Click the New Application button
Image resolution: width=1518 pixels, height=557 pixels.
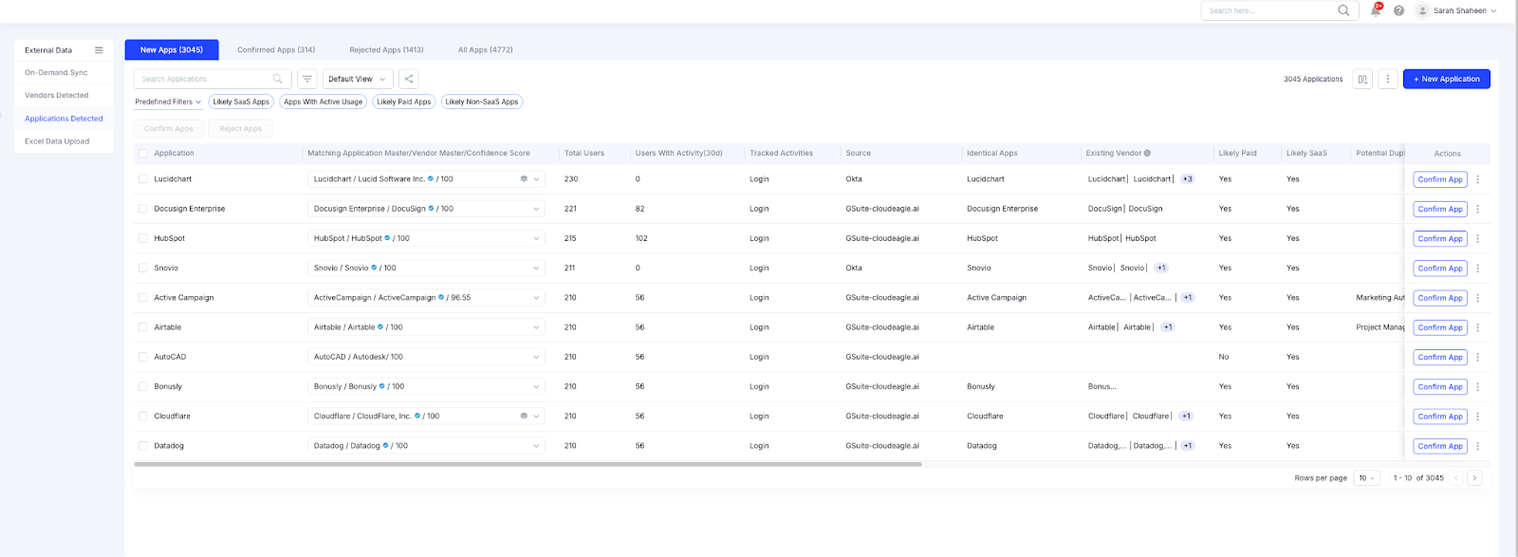(x=1446, y=79)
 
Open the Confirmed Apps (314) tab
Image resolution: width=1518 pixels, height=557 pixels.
(x=276, y=49)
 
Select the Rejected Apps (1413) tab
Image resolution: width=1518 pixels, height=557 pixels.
(x=386, y=49)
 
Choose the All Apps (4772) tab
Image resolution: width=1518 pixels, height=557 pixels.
(x=485, y=49)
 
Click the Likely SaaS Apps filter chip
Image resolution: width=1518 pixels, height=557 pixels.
(x=241, y=102)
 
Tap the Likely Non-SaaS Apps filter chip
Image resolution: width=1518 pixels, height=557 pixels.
(x=482, y=102)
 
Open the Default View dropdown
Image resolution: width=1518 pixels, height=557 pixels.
(x=357, y=79)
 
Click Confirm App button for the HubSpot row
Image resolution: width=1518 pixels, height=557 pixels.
(x=1439, y=238)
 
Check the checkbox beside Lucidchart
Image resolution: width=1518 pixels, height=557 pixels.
(x=143, y=178)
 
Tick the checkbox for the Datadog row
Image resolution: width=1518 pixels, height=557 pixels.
(x=143, y=445)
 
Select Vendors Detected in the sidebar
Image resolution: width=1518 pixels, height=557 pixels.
(x=56, y=95)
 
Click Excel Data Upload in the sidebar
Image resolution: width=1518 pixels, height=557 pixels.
(x=57, y=141)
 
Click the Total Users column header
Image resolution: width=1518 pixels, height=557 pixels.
(x=583, y=153)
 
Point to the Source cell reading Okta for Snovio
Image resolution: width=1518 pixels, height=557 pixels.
(x=854, y=268)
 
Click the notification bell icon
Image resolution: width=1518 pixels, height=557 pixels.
(x=1376, y=10)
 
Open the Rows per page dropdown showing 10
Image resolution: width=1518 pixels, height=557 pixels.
(x=1367, y=478)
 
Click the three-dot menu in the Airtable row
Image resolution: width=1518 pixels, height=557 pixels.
(x=1477, y=327)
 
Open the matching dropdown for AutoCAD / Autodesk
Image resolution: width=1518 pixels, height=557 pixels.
(x=536, y=357)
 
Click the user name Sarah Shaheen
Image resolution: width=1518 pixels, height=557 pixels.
(x=1459, y=10)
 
